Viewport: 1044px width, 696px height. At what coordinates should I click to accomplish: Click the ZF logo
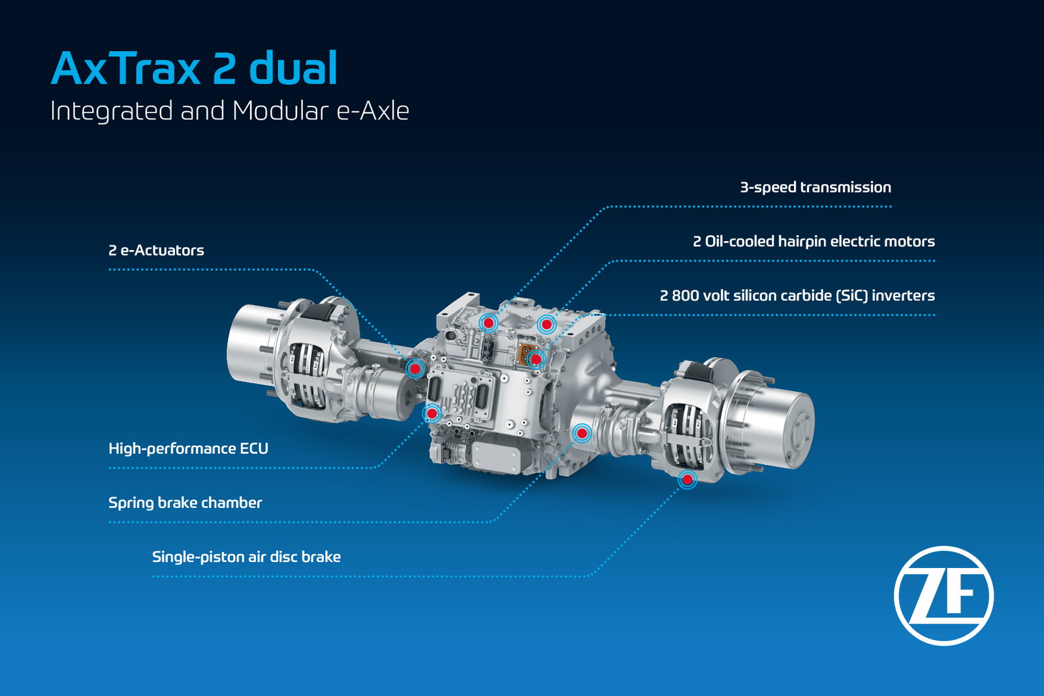pos(944,595)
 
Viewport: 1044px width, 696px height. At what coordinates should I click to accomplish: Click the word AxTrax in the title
pos(125,69)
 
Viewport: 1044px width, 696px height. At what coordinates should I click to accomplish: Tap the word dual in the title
pos(293,68)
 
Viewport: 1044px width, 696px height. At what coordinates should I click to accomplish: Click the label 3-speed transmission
pos(815,187)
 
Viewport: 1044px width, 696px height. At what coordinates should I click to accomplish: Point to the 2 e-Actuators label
pos(156,250)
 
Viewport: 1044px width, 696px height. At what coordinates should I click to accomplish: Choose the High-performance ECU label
pos(188,449)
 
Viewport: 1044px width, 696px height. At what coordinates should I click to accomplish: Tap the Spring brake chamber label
pos(185,503)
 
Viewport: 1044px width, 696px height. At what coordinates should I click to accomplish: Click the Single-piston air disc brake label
pos(246,557)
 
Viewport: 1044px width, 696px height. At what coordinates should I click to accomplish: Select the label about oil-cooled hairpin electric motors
pos(814,242)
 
